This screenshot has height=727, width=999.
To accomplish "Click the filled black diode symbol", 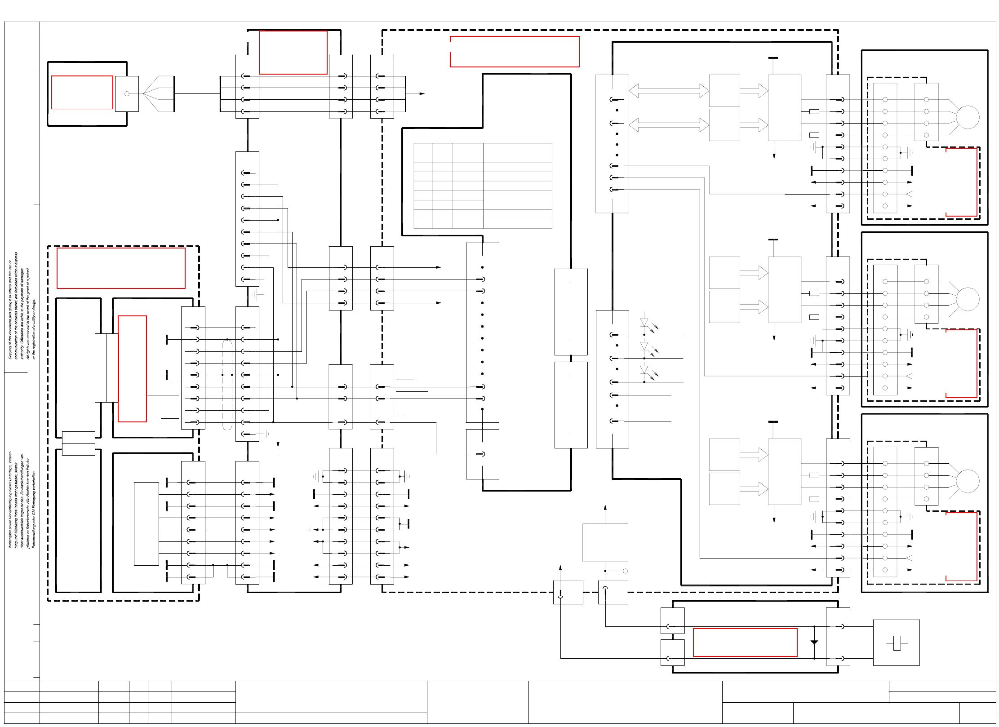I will click(814, 643).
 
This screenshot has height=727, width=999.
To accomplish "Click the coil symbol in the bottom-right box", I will click(897, 643).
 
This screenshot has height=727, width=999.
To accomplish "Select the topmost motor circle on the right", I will click(967, 117).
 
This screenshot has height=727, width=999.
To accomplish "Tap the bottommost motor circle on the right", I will click(967, 481).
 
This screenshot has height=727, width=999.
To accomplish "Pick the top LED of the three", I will click(644, 323).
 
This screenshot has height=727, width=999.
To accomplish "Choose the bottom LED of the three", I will click(644, 370).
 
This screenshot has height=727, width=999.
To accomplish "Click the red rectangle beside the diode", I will click(745, 643).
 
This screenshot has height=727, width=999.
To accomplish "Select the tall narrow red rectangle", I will click(132, 368).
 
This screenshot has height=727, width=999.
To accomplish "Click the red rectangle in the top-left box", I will click(82, 92).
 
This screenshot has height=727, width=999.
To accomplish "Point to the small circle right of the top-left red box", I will click(127, 93).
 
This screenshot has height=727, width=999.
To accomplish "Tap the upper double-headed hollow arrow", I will click(668, 91).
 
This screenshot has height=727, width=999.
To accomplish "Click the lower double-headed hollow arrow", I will click(668, 124).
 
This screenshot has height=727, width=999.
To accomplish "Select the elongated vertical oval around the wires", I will click(227, 385).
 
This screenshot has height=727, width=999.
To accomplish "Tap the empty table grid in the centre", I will click(483, 186).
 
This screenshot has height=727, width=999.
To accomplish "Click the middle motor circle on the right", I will click(967, 299).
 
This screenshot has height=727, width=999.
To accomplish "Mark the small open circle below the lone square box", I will click(625, 571).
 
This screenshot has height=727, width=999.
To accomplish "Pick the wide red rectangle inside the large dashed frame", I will click(515, 52).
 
